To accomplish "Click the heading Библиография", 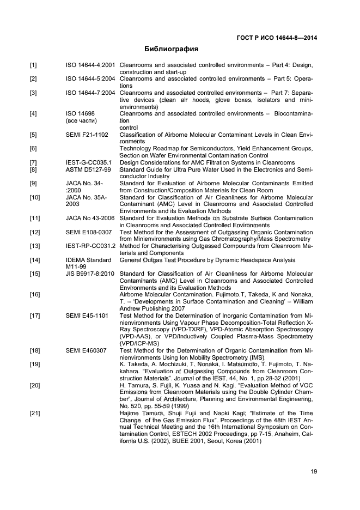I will click(171, 49).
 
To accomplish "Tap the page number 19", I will click(314, 472).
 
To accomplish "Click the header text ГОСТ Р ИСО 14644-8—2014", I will click(277, 38).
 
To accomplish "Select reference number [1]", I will click(33, 65).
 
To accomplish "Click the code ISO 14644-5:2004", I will click(90, 79).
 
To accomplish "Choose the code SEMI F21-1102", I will click(87, 135).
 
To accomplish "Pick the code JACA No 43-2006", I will click(90, 218).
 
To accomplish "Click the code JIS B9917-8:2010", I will click(90, 274).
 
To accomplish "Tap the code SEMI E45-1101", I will click(87, 315).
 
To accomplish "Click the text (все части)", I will click(81, 120).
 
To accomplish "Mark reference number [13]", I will click(35, 246).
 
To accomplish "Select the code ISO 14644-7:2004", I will click(90, 93).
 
